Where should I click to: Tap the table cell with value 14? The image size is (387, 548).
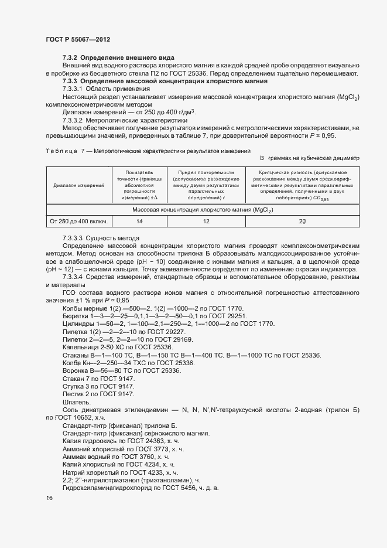pos(139,222)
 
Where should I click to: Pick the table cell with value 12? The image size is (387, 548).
pos(206,222)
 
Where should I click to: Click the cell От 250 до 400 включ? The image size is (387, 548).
pos(78,222)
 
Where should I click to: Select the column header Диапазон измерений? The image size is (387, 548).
pos(78,185)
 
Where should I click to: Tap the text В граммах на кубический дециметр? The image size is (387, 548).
pos(310,158)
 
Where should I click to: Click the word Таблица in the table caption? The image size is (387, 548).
pos(61,151)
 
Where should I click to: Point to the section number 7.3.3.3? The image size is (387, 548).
pos(73,238)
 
